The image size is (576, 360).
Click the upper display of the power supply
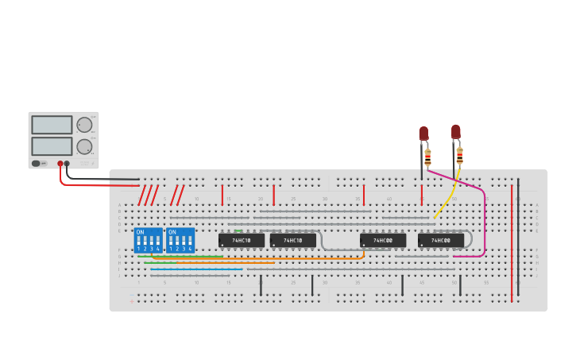[x=52, y=125]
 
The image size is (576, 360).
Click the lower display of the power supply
[x=52, y=146]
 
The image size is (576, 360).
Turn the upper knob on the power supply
[x=84, y=125]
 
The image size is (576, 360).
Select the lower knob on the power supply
[x=84, y=146]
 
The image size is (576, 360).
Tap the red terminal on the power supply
[x=60, y=164]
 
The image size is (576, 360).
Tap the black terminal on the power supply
[x=67, y=164]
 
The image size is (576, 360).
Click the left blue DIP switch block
[x=148, y=240]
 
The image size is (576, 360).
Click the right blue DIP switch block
[x=180, y=240]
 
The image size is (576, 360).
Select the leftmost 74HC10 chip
[x=242, y=240]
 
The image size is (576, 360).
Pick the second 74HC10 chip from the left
[x=292, y=240]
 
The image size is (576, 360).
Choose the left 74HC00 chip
[x=383, y=240]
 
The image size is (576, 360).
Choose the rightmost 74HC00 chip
[x=441, y=240]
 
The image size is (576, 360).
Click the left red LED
[x=423, y=134]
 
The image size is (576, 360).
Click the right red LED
[x=455, y=132]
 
